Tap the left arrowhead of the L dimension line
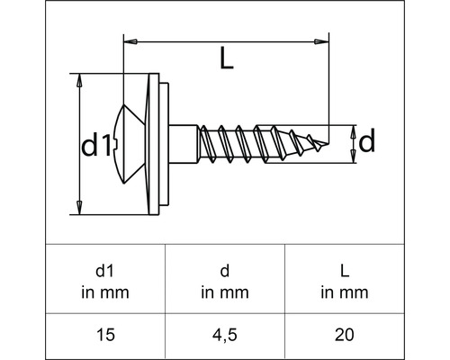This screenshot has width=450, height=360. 128,40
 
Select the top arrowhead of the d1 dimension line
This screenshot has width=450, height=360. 80,79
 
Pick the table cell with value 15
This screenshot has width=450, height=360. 106,335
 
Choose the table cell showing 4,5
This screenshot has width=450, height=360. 224,335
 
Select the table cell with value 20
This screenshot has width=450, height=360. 343,335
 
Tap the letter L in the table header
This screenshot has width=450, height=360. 343,270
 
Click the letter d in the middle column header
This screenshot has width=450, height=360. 224,270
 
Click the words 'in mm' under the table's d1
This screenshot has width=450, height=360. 106,291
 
